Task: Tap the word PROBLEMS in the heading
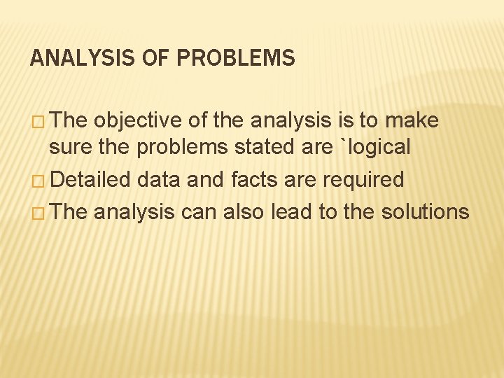[237, 58]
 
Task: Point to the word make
[411, 121]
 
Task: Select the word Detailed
[91, 180]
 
